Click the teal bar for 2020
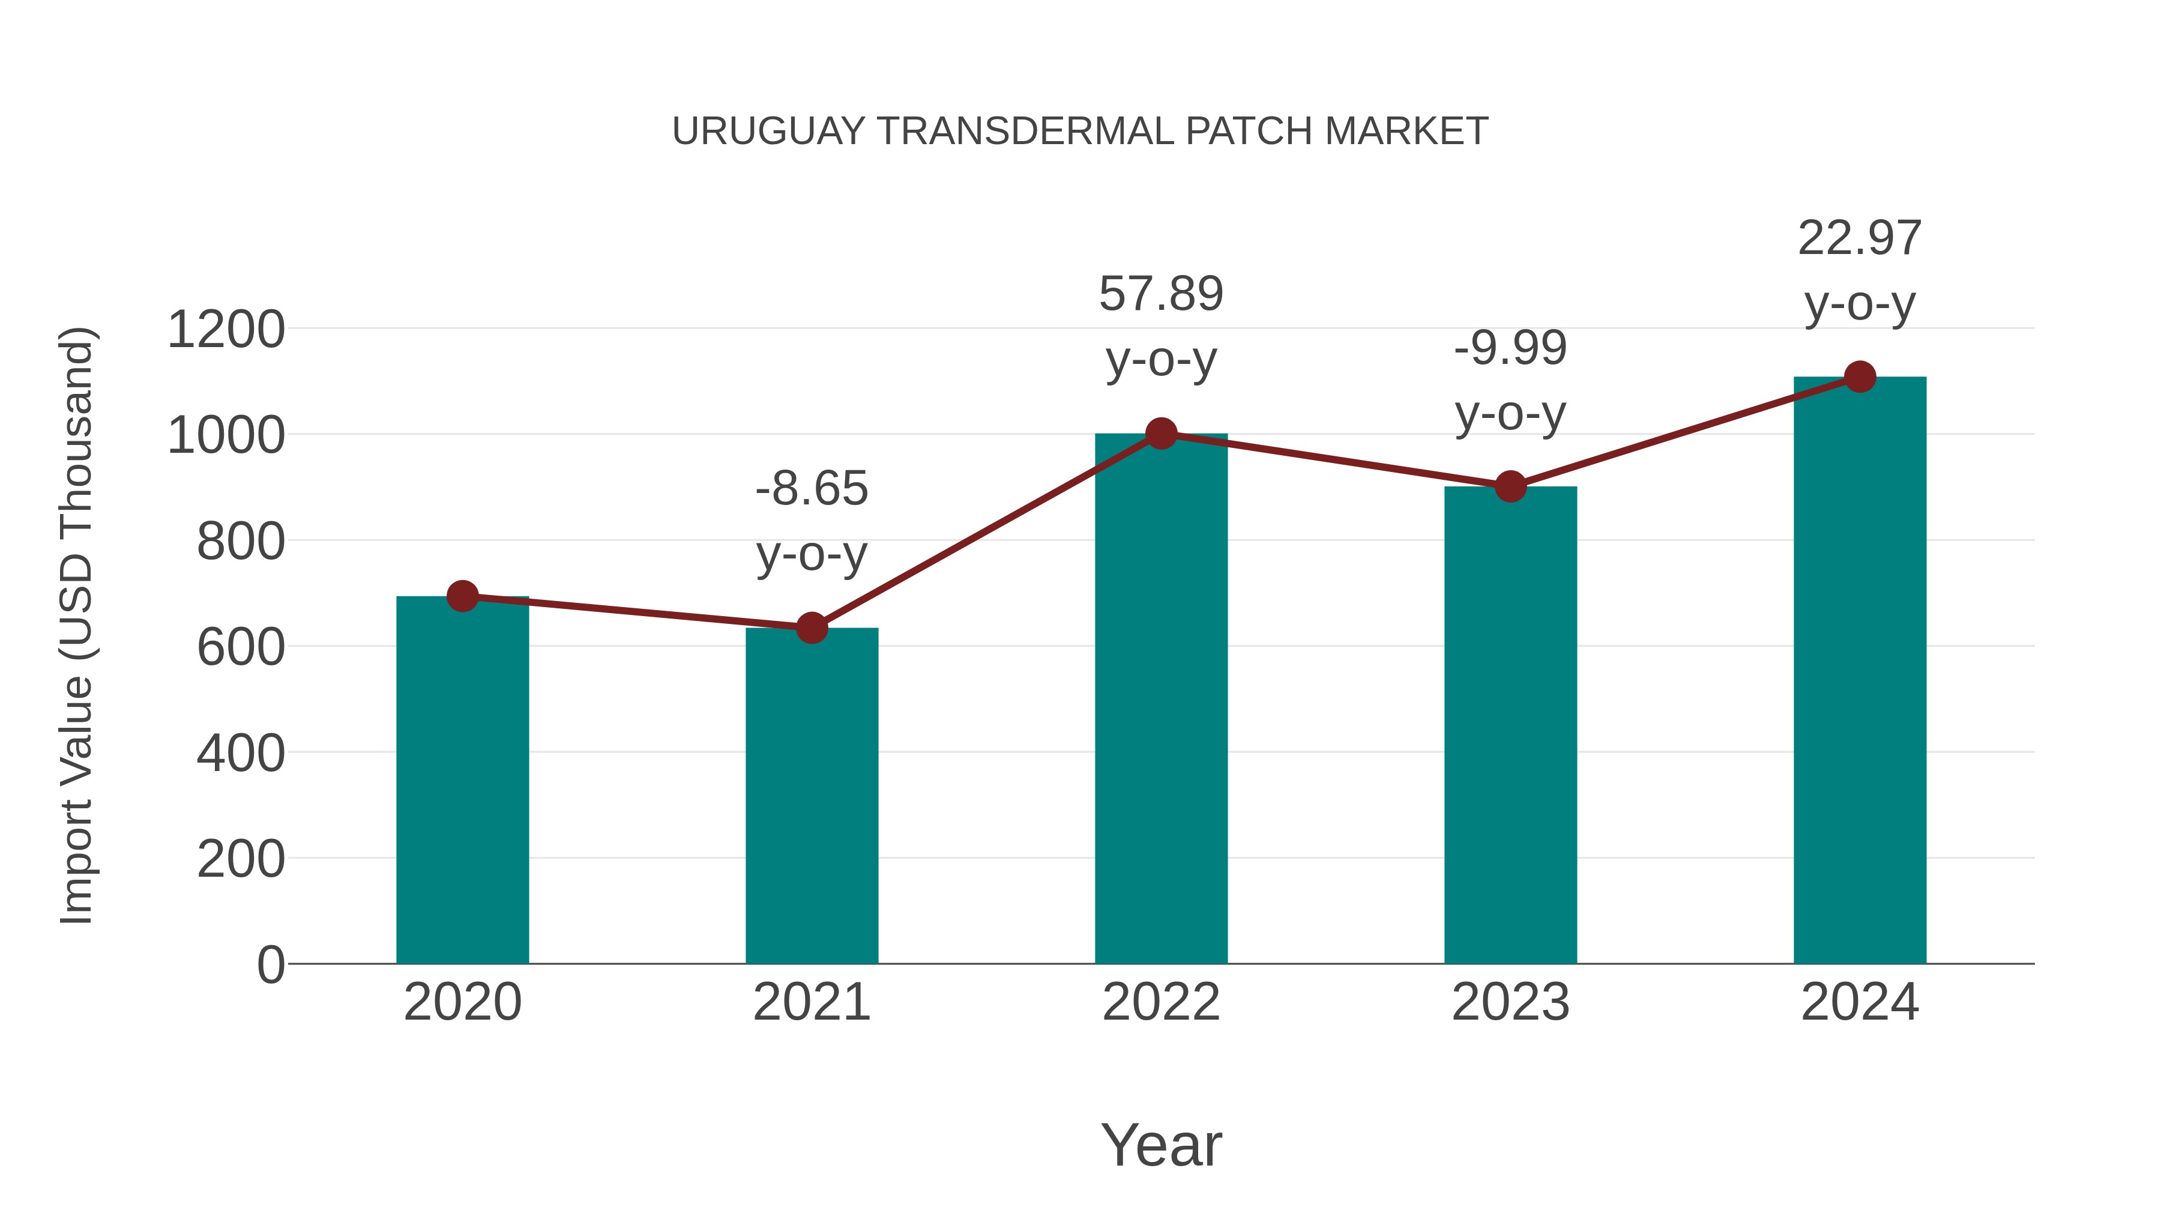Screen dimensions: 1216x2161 tap(462, 781)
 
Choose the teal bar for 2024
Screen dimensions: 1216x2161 tap(1860, 671)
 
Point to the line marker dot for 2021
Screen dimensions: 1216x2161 tap(811, 627)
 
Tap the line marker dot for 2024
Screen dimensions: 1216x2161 tap(1860, 377)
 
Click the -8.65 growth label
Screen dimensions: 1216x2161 tap(811, 488)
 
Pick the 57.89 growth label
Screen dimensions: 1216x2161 tap(1161, 294)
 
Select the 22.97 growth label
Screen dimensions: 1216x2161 tap(1860, 238)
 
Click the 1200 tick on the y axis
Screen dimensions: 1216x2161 tap(226, 329)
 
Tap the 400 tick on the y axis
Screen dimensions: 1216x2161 tap(240, 753)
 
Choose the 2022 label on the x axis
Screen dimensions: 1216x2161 tap(1161, 1002)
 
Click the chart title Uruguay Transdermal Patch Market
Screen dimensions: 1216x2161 tap(1080, 132)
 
